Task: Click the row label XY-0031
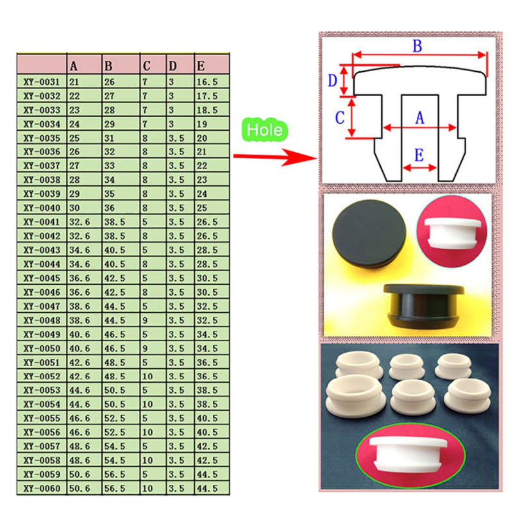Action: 41,82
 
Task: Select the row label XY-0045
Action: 41,278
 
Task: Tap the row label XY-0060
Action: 41,489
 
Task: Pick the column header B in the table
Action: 108,66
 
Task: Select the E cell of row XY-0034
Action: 203,124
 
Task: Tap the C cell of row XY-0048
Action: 146,321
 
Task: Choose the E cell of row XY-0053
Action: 206,391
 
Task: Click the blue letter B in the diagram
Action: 416,46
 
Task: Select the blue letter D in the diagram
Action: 332,80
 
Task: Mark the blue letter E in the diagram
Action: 419,155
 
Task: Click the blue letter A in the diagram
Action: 420,117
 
